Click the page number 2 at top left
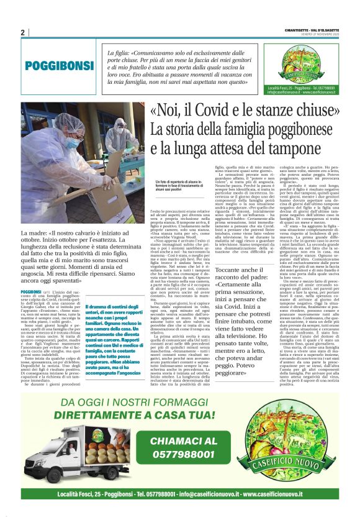tap(23, 32)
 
